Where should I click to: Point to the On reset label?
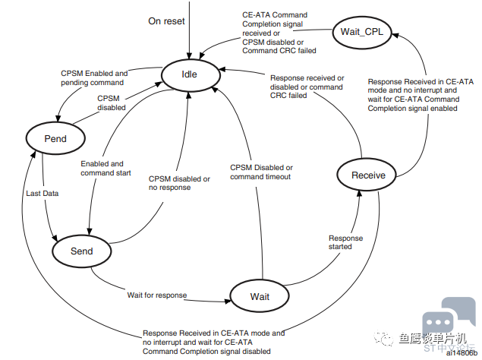click(x=166, y=21)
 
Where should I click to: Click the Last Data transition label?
click(x=42, y=193)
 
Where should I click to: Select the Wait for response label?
click(x=157, y=295)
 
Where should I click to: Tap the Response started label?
click(x=345, y=242)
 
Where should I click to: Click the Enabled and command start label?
click(x=106, y=169)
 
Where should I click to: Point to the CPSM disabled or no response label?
click(x=179, y=183)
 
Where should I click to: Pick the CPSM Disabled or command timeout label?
click(x=261, y=172)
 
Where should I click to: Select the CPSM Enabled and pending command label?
click(x=94, y=77)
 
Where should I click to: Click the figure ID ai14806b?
click(x=462, y=353)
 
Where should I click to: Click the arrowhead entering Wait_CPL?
click(x=395, y=36)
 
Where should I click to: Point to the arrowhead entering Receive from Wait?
click(x=359, y=194)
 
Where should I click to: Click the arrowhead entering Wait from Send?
click(x=228, y=302)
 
